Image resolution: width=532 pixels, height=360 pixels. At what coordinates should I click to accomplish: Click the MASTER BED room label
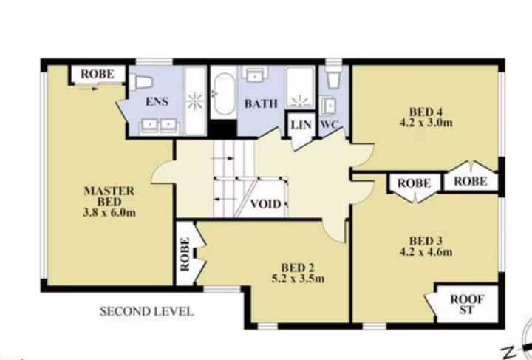pyautogui.click(x=109, y=196)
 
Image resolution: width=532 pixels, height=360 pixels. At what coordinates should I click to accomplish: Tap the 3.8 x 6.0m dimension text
pyautogui.click(x=109, y=213)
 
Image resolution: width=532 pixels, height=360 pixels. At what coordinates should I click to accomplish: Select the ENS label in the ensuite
pyautogui.click(x=157, y=101)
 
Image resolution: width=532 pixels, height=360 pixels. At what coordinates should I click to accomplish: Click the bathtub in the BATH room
pyautogui.click(x=224, y=94)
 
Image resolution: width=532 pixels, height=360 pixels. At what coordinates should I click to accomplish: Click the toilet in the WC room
pyautogui.click(x=333, y=78)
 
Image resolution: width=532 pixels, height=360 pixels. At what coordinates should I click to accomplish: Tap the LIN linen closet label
pyautogui.click(x=301, y=125)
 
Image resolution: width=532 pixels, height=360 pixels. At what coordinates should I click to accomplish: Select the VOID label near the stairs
pyautogui.click(x=266, y=204)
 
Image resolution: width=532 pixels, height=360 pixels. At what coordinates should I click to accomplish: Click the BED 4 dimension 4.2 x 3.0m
pyautogui.click(x=426, y=123)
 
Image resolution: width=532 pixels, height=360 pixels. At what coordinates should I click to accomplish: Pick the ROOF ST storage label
pyautogui.click(x=467, y=305)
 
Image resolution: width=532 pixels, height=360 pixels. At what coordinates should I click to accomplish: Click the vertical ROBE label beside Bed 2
pyautogui.click(x=185, y=254)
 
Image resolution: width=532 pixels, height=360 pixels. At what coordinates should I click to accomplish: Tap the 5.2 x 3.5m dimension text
pyautogui.click(x=298, y=279)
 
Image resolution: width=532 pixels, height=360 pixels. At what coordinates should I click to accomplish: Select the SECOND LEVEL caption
pyautogui.click(x=147, y=311)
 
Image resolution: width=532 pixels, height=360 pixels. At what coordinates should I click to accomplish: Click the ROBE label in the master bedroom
pyautogui.click(x=98, y=74)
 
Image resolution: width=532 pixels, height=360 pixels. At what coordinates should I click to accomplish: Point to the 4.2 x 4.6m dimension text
pyautogui.click(x=426, y=252)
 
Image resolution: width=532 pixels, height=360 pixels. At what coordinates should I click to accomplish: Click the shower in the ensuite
pyautogui.click(x=195, y=101)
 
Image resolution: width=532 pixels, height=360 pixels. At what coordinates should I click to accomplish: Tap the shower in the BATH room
pyautogui.click(x=299, y=87)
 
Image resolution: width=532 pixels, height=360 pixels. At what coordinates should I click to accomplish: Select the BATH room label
pyautogui.click(x=261, y=103)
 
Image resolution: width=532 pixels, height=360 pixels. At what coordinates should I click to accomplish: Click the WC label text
pyautogui.click(x=329, y=124)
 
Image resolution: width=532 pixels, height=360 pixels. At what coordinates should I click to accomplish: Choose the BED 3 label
pyautogui.click(x=426, y=241)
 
